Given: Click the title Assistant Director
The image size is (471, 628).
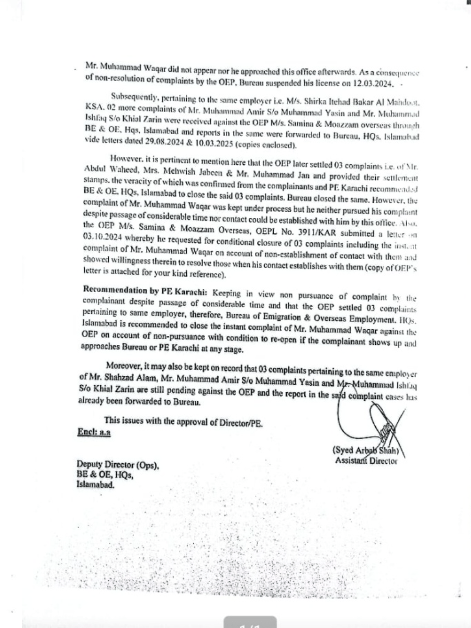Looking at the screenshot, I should (x=366, y=461).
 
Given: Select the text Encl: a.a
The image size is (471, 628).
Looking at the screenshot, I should (x=93, y=432).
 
